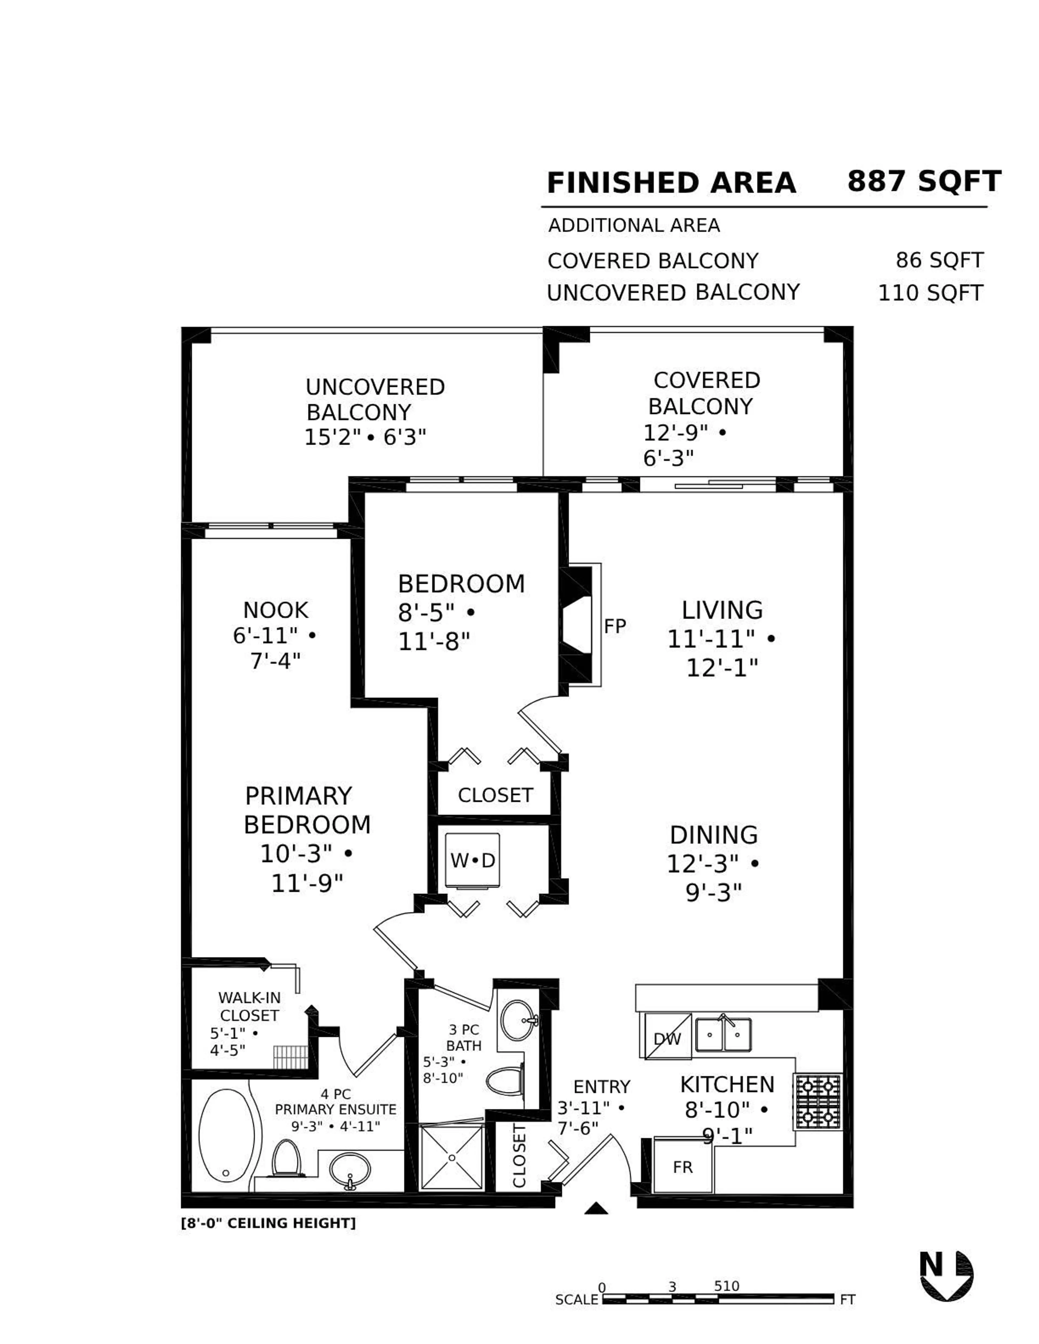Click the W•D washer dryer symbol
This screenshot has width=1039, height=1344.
coord(472,860)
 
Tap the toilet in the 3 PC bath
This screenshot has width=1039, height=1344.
coord(505,1081)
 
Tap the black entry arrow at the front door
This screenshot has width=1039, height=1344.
coord(596,1208)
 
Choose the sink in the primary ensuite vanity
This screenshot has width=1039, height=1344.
coord(350,1169)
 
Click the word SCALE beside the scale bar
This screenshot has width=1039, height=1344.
coord(576,1300)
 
